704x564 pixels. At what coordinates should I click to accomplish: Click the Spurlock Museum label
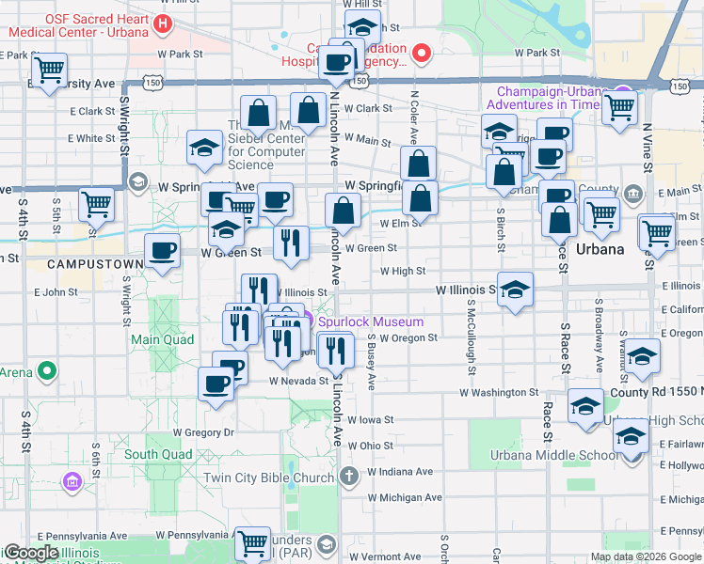(x=370, y=321)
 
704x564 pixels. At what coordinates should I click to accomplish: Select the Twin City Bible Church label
(x=268, y=478)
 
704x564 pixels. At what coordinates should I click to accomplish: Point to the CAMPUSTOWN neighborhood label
(x=71, y=254)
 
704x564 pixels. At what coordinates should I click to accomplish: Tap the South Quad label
(x=158, y=454)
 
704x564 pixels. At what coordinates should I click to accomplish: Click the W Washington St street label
(x=498, y=392)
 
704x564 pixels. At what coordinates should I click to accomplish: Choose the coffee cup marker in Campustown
(x=162, y=251)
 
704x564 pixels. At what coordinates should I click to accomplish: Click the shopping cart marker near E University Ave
(x=49, y=69)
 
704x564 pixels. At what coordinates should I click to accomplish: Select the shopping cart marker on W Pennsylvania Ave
(x=251, y=541)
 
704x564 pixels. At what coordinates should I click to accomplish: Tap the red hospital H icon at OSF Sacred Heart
(x=165, y=24)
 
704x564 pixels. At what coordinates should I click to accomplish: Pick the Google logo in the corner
(x=30, y=552)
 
